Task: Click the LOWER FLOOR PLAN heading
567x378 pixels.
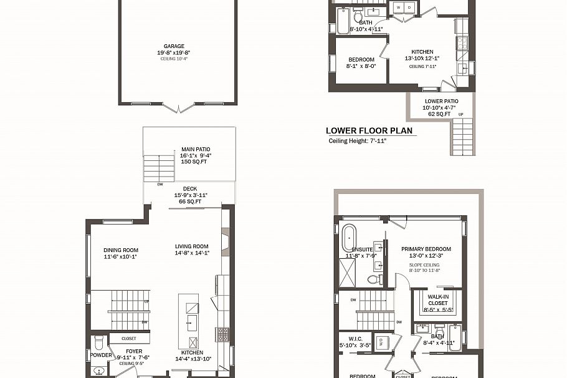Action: pyautogui.click(x=369, y=131)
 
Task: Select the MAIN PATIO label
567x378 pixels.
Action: pyautogui.click(x=195, y=149)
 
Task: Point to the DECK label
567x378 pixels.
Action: pyautogui.click(x=190, y=188)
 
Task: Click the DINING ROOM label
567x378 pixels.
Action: pyautogui.click(x=121, y=250)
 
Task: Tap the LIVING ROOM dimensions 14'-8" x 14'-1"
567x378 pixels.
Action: pyautogui.click(x=191, y=253)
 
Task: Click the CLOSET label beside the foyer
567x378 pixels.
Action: pyautogui.click(x=129, y=339)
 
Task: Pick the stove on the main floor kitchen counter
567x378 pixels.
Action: pyautogui.click(x=222, y=334)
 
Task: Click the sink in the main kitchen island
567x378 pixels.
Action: pyautogui.click(x=192, y=322)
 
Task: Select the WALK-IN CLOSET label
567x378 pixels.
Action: pyautogui.click(x=438, y=300)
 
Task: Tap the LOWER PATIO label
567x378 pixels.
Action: pyautogui.click(x=441, y=101)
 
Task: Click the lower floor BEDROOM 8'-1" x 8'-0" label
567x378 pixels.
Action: pyautogui.click(x=361, y=59)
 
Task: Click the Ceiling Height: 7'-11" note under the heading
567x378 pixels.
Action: pyautogui.click(x=358, y=141)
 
